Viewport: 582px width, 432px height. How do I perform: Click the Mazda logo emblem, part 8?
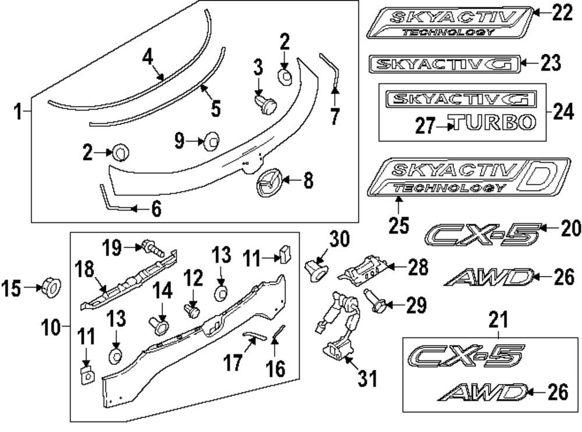click(268, 183)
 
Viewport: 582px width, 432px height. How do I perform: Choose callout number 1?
click(17, 111)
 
